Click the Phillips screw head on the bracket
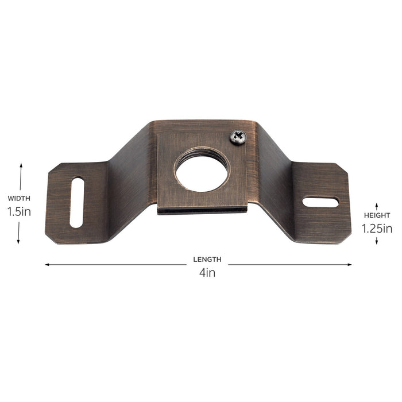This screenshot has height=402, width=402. point(238,137)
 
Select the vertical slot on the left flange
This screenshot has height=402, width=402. point(76,203)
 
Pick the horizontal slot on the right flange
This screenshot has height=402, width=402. point(320,202)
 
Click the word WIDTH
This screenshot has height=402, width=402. point(20,198)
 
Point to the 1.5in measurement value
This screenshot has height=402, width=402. point(20,211)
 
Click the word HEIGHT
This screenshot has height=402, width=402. point(377,215)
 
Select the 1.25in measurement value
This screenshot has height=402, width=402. point(377,228)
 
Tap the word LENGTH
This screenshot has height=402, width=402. point(207,259)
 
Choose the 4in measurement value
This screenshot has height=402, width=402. point(207,273)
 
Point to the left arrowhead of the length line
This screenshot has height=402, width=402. point(47,265)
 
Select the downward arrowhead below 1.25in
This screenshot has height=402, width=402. point(376,242)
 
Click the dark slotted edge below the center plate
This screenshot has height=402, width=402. point(202,210)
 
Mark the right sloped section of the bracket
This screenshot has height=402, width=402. point(275,172)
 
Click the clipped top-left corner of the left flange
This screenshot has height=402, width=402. point(53,169)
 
